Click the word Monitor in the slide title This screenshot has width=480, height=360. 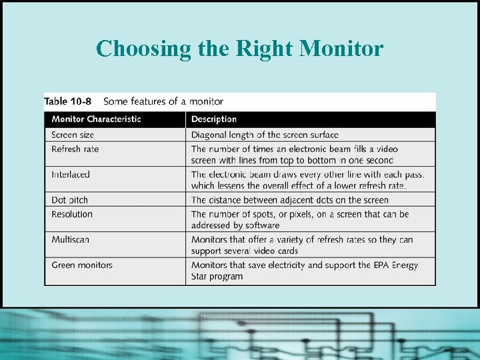pyautogui.click(x=341, y=48)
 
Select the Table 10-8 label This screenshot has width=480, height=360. pyautogui.click(x=68, y=101)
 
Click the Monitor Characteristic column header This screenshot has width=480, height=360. pyautogui.click(x=96, y=119)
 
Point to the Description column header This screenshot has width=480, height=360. pyautogui.click(x=214, y=119)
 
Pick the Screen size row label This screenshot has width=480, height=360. pyautogui.click(x=73, y=135)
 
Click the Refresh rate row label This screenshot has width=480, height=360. pyautogui.click(x=75, y=149)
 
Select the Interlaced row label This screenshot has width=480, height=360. pyautogui.click(x=71, y=174)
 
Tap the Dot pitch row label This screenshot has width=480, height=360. pyautogui.click(x=69, y=200)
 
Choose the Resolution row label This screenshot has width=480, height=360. pyautogui.click(x=72, y=214)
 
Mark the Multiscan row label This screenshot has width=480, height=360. pyautogui.click(x=70, y=239)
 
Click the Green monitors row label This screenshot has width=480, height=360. pyautogui.click(x=82, y=265)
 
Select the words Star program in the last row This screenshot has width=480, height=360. pyautogui.click(x=217, y=276)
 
